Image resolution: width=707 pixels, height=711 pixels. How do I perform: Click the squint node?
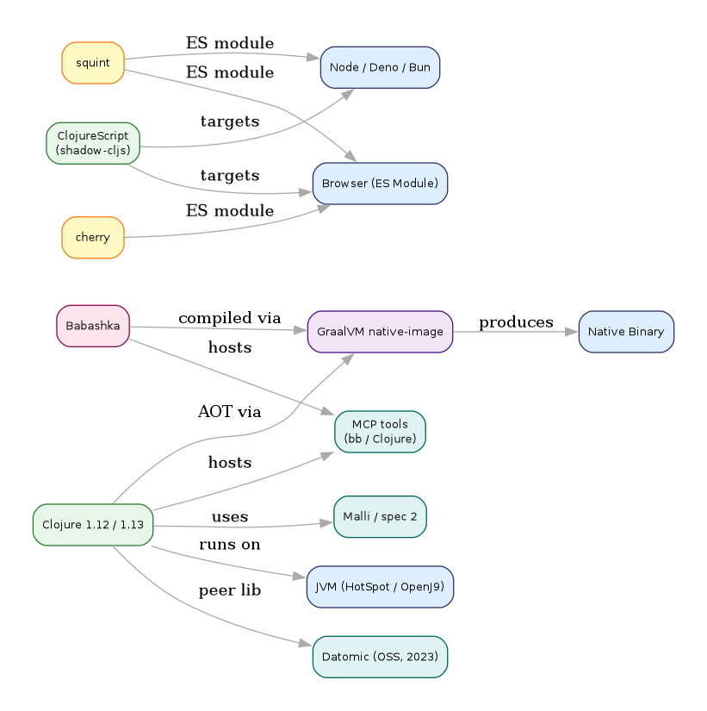[93, 64]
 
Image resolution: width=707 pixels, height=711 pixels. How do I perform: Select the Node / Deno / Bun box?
[380, 67]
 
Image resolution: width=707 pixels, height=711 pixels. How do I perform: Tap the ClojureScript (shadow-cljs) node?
[93, 143]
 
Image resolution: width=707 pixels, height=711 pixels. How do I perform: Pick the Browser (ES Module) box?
[380, 184]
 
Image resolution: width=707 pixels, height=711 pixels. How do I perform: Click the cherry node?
[93, 237]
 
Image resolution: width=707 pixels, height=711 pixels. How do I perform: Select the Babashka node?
[93, 326]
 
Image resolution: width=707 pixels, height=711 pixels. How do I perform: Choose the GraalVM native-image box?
[380, 332]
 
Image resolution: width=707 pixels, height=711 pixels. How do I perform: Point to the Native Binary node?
[626, 332]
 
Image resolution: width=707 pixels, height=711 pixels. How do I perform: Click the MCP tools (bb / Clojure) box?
[380, 432]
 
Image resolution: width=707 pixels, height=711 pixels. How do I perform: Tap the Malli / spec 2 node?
[380, 517]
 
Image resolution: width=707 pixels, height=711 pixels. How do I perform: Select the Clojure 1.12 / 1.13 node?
[93, 525]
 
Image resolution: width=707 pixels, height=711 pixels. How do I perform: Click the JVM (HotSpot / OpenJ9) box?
[380, 587]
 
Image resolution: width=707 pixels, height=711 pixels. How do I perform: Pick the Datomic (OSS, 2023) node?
[380, 657]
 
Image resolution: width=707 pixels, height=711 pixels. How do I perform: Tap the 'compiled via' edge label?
[230, 318]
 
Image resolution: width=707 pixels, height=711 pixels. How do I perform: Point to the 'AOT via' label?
[229, 412]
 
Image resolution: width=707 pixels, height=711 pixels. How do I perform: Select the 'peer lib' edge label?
[229, 591]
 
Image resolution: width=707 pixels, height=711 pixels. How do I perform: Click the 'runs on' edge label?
[229, 545]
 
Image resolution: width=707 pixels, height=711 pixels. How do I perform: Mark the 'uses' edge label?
[229, 517]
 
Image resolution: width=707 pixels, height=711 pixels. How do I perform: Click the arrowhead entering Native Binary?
[572, 332]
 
